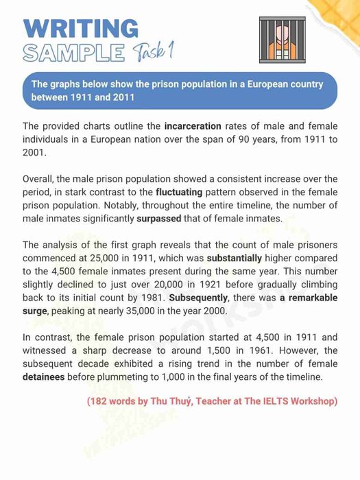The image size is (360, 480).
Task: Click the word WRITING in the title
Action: point(80,29)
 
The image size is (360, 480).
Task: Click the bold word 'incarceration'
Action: point(193,126)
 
